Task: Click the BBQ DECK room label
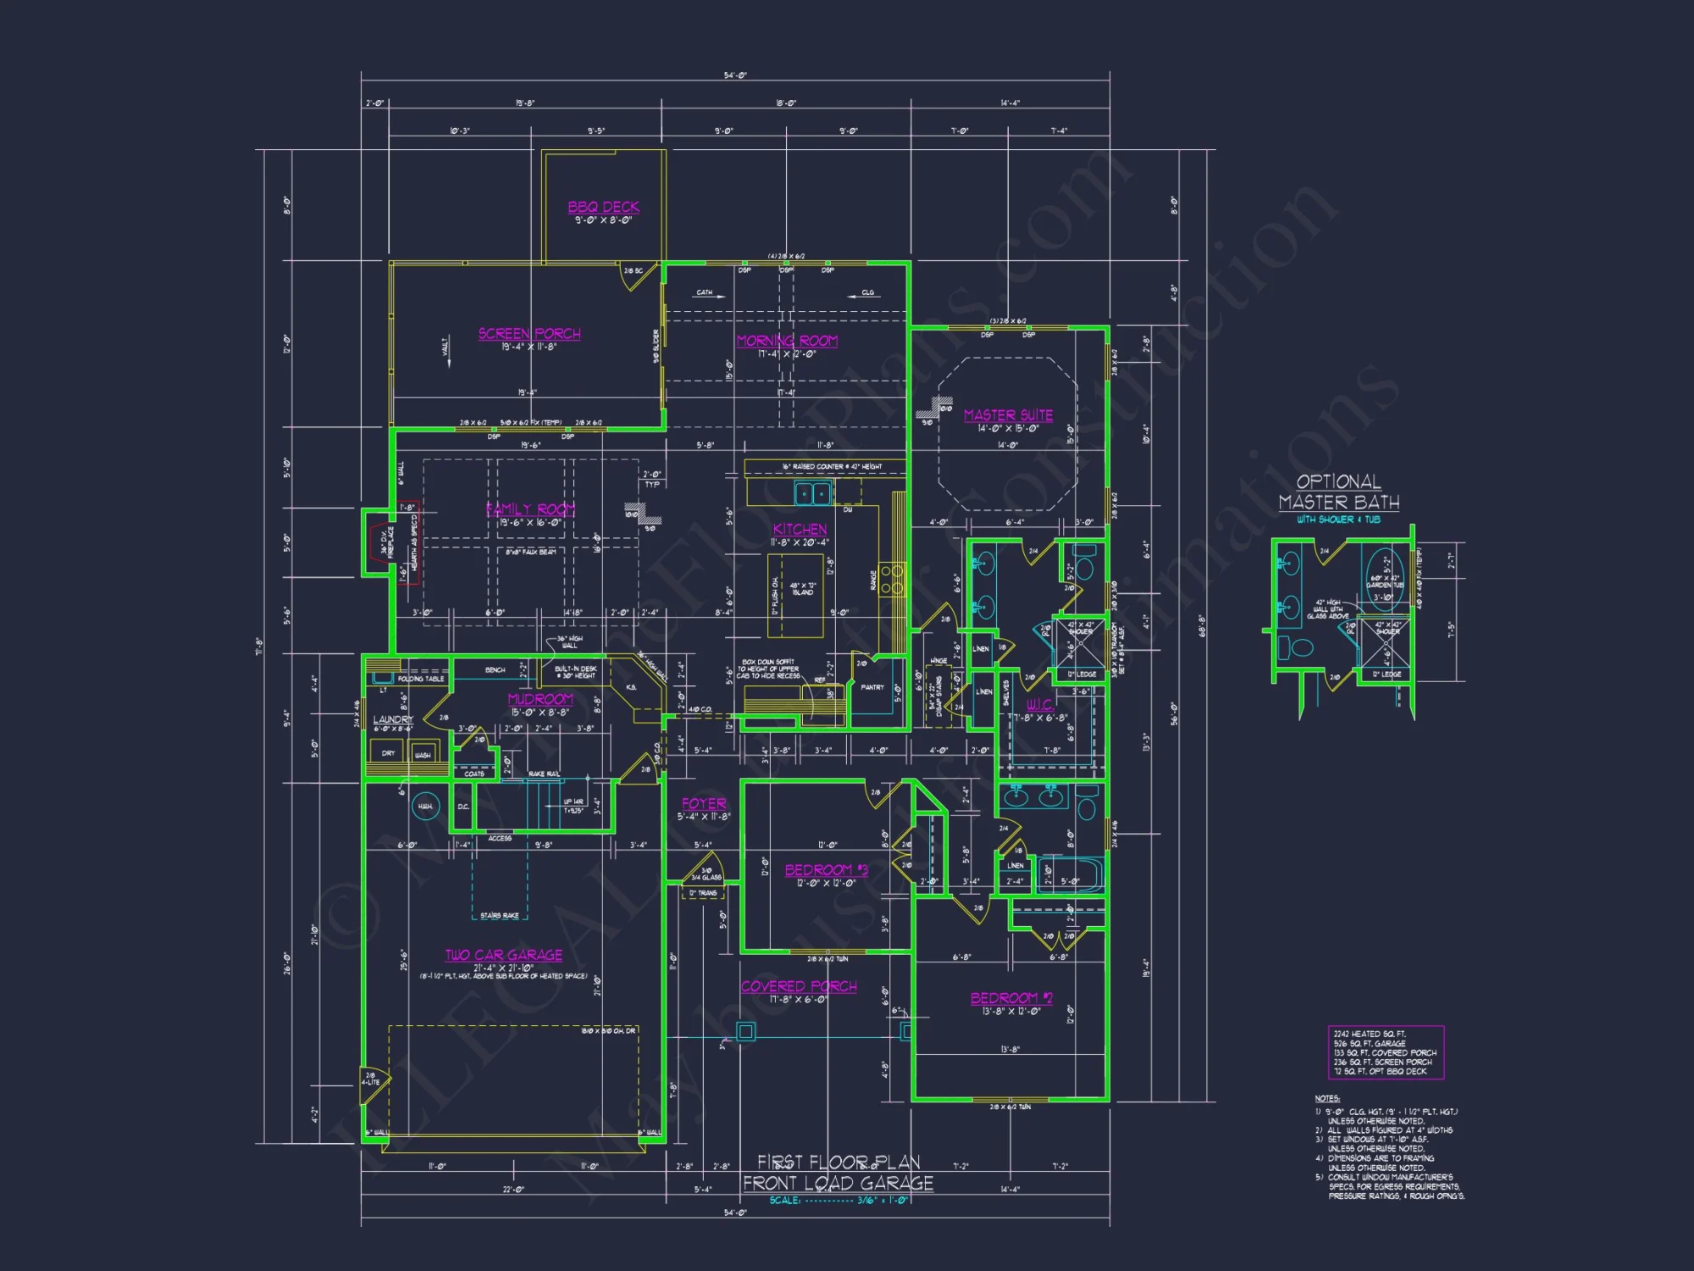603,207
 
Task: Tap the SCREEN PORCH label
529,334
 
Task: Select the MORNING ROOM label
787,341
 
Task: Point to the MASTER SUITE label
1008,415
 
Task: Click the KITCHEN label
800,530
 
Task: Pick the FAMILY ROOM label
530,509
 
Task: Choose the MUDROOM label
540,699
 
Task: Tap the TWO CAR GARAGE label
504,955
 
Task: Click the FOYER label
704,803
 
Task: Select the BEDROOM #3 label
826,870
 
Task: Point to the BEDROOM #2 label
1011,998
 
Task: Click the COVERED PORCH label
799,986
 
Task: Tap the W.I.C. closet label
1039,705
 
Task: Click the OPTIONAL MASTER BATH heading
1338,492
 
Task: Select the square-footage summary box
1385,1052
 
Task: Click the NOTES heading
1327,1098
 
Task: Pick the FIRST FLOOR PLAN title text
838,1162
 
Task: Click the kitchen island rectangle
794,596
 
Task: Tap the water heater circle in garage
425,806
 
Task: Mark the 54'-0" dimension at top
735,75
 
